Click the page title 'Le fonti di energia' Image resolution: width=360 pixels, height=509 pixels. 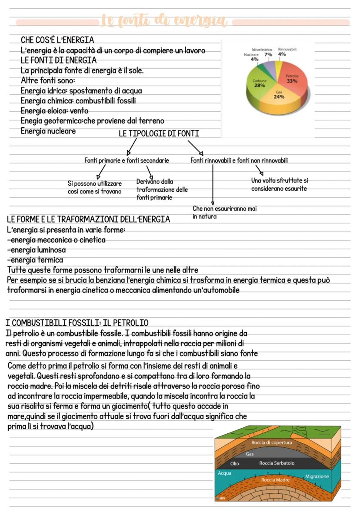click(164, 21)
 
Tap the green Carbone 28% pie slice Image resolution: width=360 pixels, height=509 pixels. click(260, 83)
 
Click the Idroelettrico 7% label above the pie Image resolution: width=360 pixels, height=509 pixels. click(265, 52)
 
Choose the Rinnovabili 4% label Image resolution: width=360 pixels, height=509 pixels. click(287, 52)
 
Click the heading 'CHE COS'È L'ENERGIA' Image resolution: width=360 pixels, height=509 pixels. click(57, 40)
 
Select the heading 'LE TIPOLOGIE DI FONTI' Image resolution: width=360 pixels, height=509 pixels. click(159, 133)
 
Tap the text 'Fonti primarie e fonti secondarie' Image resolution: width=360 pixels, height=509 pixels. click(127, 160)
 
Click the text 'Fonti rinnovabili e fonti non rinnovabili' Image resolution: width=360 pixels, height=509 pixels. click(239, 160)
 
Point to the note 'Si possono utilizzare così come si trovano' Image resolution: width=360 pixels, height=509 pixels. click(95, 188)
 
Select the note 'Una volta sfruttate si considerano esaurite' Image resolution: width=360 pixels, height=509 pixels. click(280, 184)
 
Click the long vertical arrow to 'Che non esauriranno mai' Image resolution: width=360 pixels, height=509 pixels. click(213, 183)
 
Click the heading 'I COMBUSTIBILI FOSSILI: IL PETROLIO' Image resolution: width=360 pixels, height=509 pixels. click(77, 323)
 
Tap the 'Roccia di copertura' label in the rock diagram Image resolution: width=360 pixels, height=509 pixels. click(271, 442)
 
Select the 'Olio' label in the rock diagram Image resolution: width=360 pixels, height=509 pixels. click(235, 463)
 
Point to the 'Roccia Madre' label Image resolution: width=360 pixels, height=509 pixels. click(275, 480)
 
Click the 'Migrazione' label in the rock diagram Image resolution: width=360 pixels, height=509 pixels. click(317, 476)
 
